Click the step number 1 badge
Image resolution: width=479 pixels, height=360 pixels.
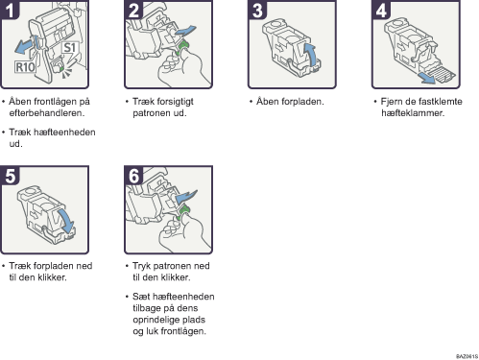click(x=10, y=10)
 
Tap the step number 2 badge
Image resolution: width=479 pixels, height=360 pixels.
click(x=133, y=10)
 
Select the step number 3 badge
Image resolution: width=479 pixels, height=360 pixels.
click(x=257, y=10)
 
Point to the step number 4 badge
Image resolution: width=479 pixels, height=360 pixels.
click(x=381, y=10)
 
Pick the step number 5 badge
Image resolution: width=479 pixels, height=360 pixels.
click(x=10, y=175)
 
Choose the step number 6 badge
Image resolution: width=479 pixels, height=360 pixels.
click(x=133, y=175)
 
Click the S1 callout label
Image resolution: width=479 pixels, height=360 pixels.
click(x=70, y=48)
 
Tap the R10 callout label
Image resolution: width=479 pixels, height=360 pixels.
click(x=25, y=67)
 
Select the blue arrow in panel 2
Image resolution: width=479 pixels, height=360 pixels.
click(x=185, y=31)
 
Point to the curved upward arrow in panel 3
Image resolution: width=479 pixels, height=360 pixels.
click(x=310, y=55)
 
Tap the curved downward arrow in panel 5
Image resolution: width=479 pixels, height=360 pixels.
click(x=66, y=222)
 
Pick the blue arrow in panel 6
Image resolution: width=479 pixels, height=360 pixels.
click(x=186, y=197)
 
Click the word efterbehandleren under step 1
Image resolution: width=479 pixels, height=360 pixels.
click(x=47, y=113)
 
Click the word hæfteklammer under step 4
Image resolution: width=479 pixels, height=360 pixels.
click(x=413, y=113)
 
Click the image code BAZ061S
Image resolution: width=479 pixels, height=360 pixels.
click(x=467, y=356)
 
